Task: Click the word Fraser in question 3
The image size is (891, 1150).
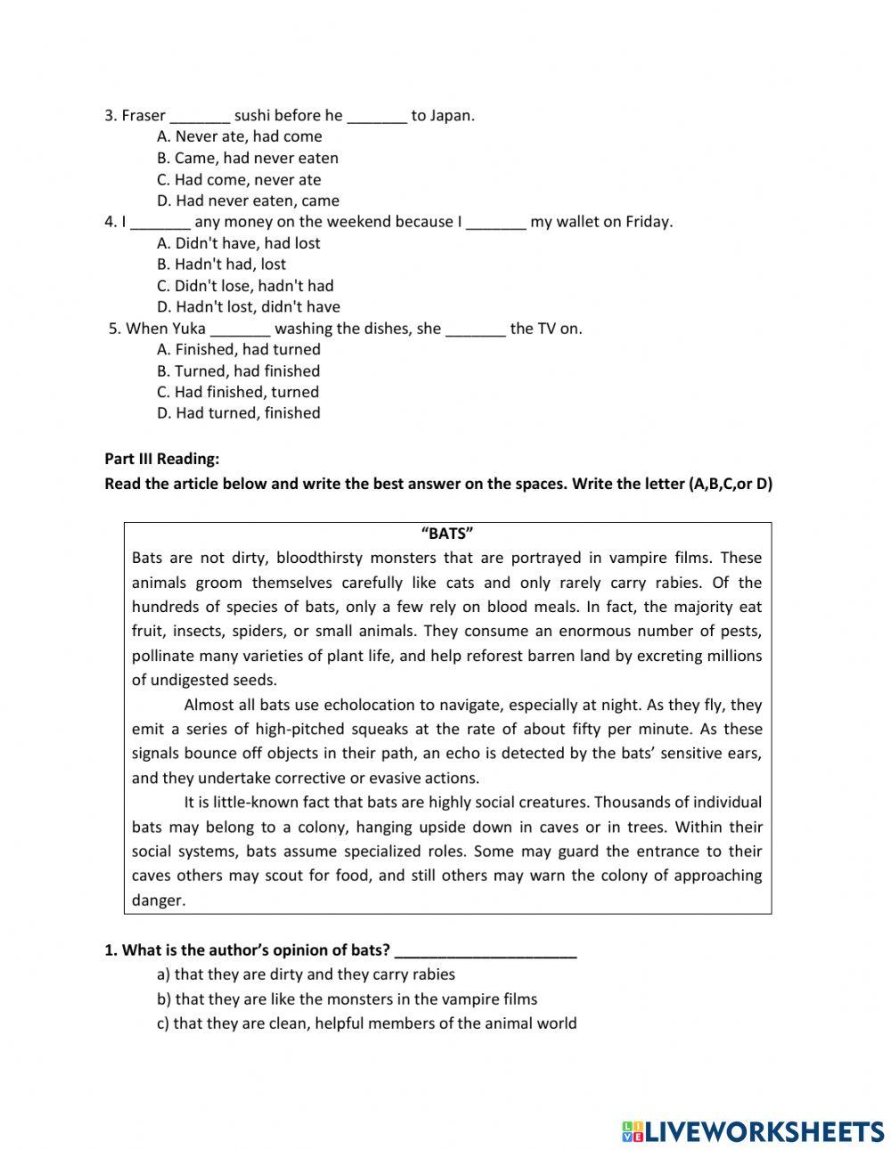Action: pos(143,115)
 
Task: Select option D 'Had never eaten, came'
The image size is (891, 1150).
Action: pos(248,200)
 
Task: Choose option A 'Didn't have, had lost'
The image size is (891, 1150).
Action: pos(238,243)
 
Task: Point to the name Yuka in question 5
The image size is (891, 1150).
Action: pos(189,329)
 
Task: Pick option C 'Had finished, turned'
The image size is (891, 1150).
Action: pos(238,392)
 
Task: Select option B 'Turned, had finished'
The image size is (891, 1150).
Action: pos(238,371)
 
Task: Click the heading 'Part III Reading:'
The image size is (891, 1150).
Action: pos(161,460)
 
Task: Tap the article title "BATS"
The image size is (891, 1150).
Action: pos(446,534)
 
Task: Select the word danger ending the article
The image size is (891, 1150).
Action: pos(158,900)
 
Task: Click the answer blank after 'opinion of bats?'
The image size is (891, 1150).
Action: pos(486,951)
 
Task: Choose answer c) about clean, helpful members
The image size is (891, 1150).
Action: pos(366,1024)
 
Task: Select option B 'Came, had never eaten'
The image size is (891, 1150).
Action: pos(248,158)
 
